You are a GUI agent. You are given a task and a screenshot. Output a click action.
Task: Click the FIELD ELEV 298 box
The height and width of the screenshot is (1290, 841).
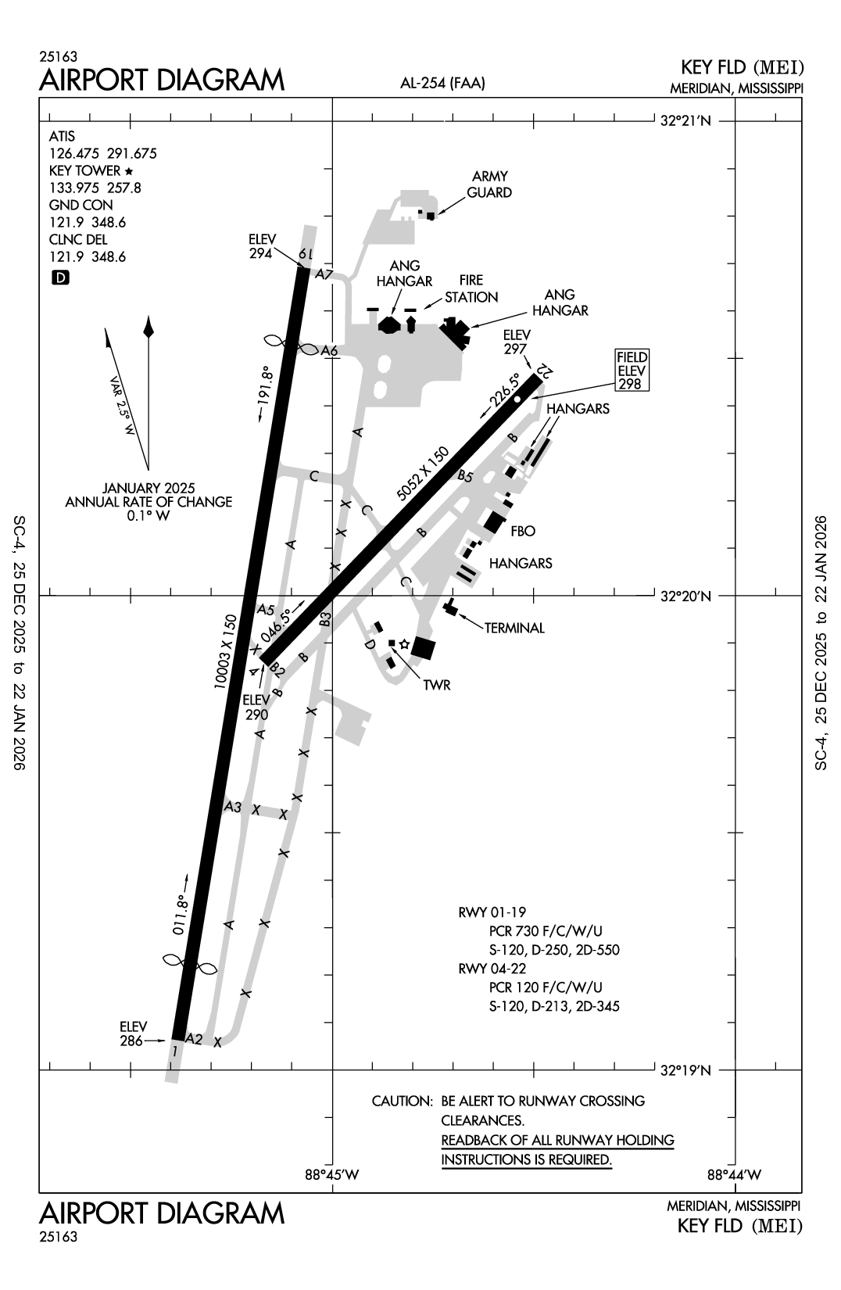click(x=632, y=371)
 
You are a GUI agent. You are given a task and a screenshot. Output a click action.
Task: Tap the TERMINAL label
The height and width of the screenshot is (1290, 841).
click(x=514, y=628)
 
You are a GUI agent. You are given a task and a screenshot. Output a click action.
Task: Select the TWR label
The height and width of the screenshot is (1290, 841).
click(x=436, y=685)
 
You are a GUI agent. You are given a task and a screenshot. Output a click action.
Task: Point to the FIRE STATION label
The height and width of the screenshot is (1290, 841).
click(x=471, y=288)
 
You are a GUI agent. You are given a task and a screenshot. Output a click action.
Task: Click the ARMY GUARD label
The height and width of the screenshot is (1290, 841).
click(x=489, y=185)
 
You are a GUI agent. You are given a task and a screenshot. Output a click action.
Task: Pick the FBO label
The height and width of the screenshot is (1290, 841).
click(x=522, y=531)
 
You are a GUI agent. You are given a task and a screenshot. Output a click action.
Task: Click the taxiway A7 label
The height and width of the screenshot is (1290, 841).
click(x=324, y=274)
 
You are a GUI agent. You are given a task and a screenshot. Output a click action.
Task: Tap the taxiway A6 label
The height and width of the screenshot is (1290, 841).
click(x=329, y=351)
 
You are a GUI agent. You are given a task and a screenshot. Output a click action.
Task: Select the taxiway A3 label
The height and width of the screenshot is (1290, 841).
click(x=233, y=806)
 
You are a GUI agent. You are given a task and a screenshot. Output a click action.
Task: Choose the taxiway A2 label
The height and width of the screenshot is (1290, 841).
click(x=193, y=1039)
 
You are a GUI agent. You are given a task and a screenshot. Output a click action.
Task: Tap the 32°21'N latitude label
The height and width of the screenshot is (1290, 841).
click(x=686, y=121)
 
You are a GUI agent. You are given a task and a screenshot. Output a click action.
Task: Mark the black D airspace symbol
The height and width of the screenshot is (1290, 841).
click(x=59, y=277)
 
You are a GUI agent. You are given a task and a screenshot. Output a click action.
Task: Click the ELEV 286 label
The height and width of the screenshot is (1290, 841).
click(x=131, y=1034)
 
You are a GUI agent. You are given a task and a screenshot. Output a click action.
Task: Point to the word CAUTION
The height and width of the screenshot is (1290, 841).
click(x=402, y=1101)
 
